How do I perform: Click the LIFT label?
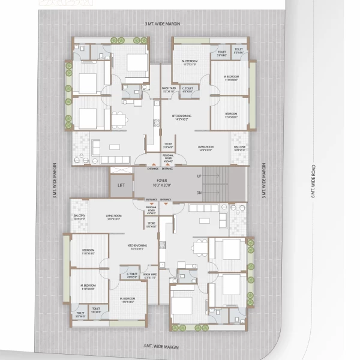click(x=121, y=186)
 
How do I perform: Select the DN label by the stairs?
click(x=199, y=193)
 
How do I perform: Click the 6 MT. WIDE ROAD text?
click(x=313, y=180)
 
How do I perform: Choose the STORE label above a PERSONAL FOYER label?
click(x=169, y=146)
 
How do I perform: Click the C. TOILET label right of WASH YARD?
click(x=188, y=90)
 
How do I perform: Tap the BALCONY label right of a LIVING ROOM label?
click(x=240, y=148)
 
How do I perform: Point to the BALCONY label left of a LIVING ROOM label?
click(x=79, y=217)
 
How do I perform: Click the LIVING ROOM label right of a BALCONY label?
click(x=114, y=217)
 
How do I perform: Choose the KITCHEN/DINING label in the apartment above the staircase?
click(x=181, y=117)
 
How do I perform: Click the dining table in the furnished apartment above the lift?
click(x=119, y=120)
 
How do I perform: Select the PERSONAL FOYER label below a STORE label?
click(x=169, y=159)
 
